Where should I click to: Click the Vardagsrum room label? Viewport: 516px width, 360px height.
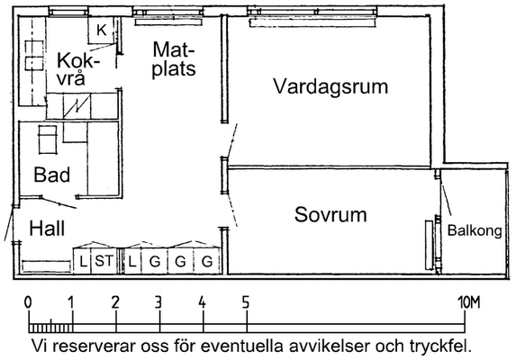click(330, 87)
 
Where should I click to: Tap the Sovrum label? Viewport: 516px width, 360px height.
click(330, 214)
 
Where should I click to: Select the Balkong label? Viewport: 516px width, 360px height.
click(475, 230)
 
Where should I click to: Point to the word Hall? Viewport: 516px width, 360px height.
click(47, 229)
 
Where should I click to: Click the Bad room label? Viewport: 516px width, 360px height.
click(52, 175)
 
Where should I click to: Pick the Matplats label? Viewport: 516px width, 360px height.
click(174, 59)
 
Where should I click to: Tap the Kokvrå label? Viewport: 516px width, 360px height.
click(78, 69)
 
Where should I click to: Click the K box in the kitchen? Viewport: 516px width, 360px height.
click(102, 30)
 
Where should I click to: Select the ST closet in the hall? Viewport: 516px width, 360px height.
click(104, 261)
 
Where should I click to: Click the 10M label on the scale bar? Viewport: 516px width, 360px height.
click(469, 302)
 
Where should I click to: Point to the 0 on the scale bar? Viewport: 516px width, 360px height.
click(28, 302)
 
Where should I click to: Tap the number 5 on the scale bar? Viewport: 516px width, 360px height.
click(246, 302)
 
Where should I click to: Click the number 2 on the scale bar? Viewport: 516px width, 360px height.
click(115, 302)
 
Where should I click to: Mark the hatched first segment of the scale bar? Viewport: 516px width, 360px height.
click(50, 328)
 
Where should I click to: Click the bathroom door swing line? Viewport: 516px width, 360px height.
click(59, 202)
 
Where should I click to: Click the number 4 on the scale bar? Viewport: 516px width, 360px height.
click(202, 302)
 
